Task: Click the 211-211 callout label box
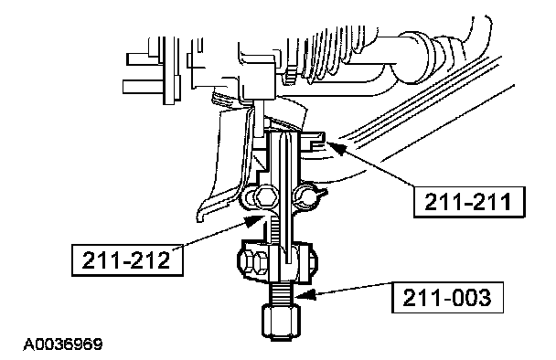tap(469, 202)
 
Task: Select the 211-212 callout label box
tap(127, 259)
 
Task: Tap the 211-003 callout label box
tap(447, 297)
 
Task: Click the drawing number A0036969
tap(63, 344)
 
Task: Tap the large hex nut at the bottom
tap(281, 323)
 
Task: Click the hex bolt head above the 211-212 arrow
tap(264, 196)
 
